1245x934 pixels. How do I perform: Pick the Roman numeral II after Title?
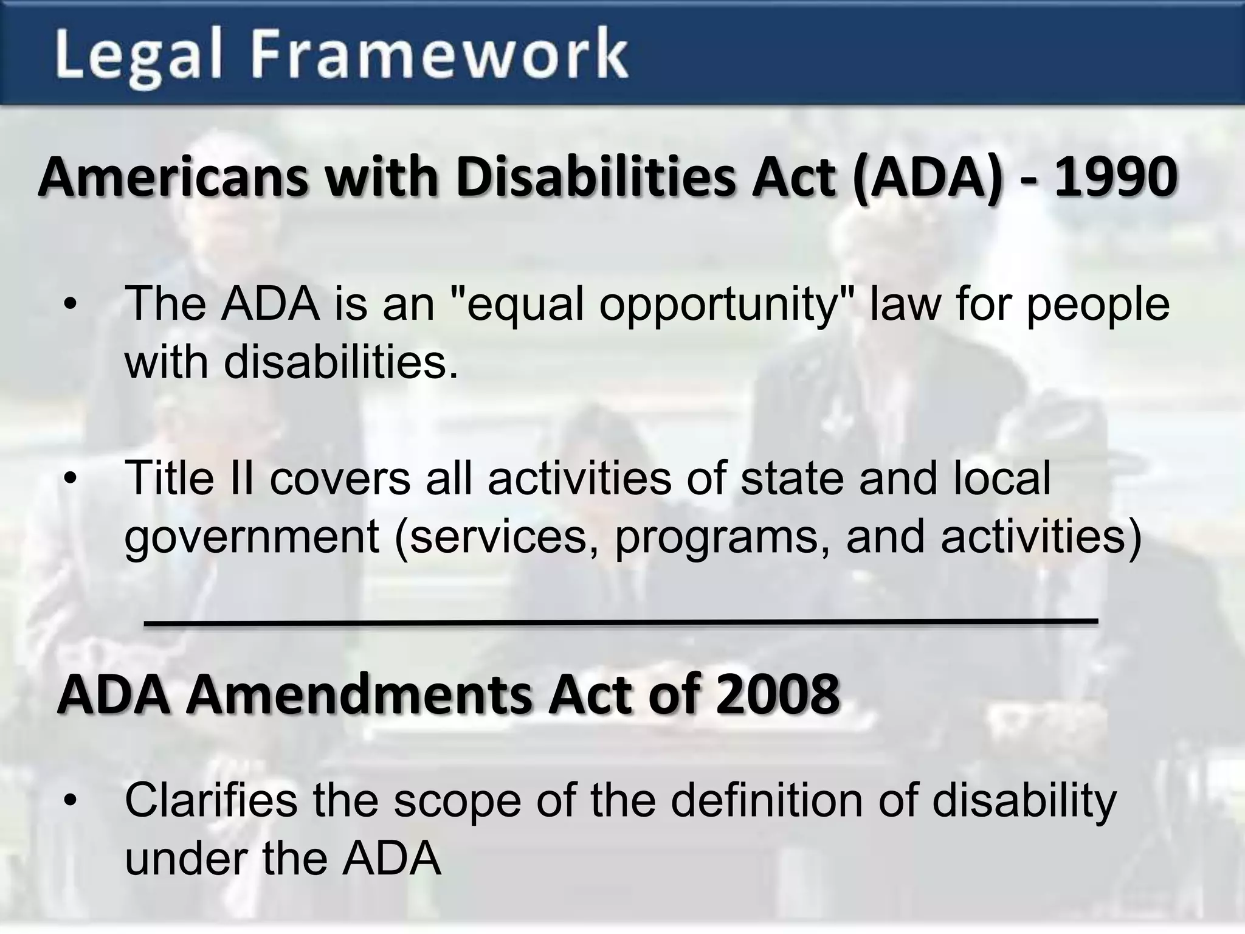click(x=238, y=478)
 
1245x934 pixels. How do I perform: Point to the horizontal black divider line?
click(x=620, y=621)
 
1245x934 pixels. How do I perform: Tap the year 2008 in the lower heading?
click(x=778, y=694)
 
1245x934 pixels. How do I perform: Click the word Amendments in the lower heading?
click(x=359, y=694)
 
